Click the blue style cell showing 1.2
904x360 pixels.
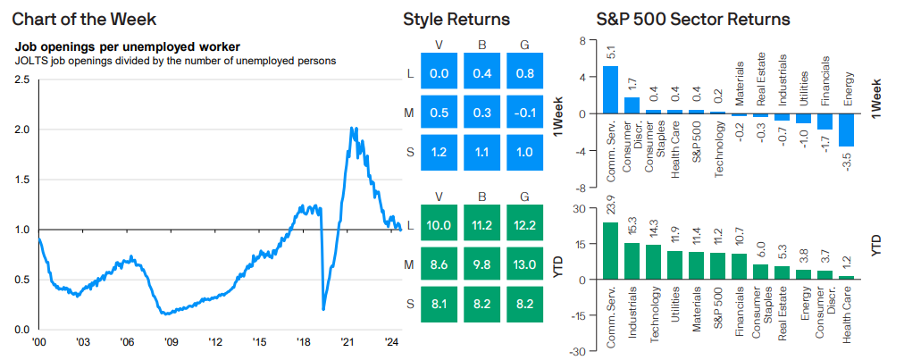(439, 153)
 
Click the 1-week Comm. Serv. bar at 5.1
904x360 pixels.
(610, 90)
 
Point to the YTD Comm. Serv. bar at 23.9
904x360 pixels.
(610, 251)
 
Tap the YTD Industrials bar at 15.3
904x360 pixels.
(632, 261)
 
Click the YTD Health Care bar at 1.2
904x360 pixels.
(846, 278)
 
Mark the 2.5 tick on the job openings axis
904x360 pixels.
(21, 80)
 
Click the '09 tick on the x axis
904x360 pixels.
(171, 341)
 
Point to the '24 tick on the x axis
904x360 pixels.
(390, 341)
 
